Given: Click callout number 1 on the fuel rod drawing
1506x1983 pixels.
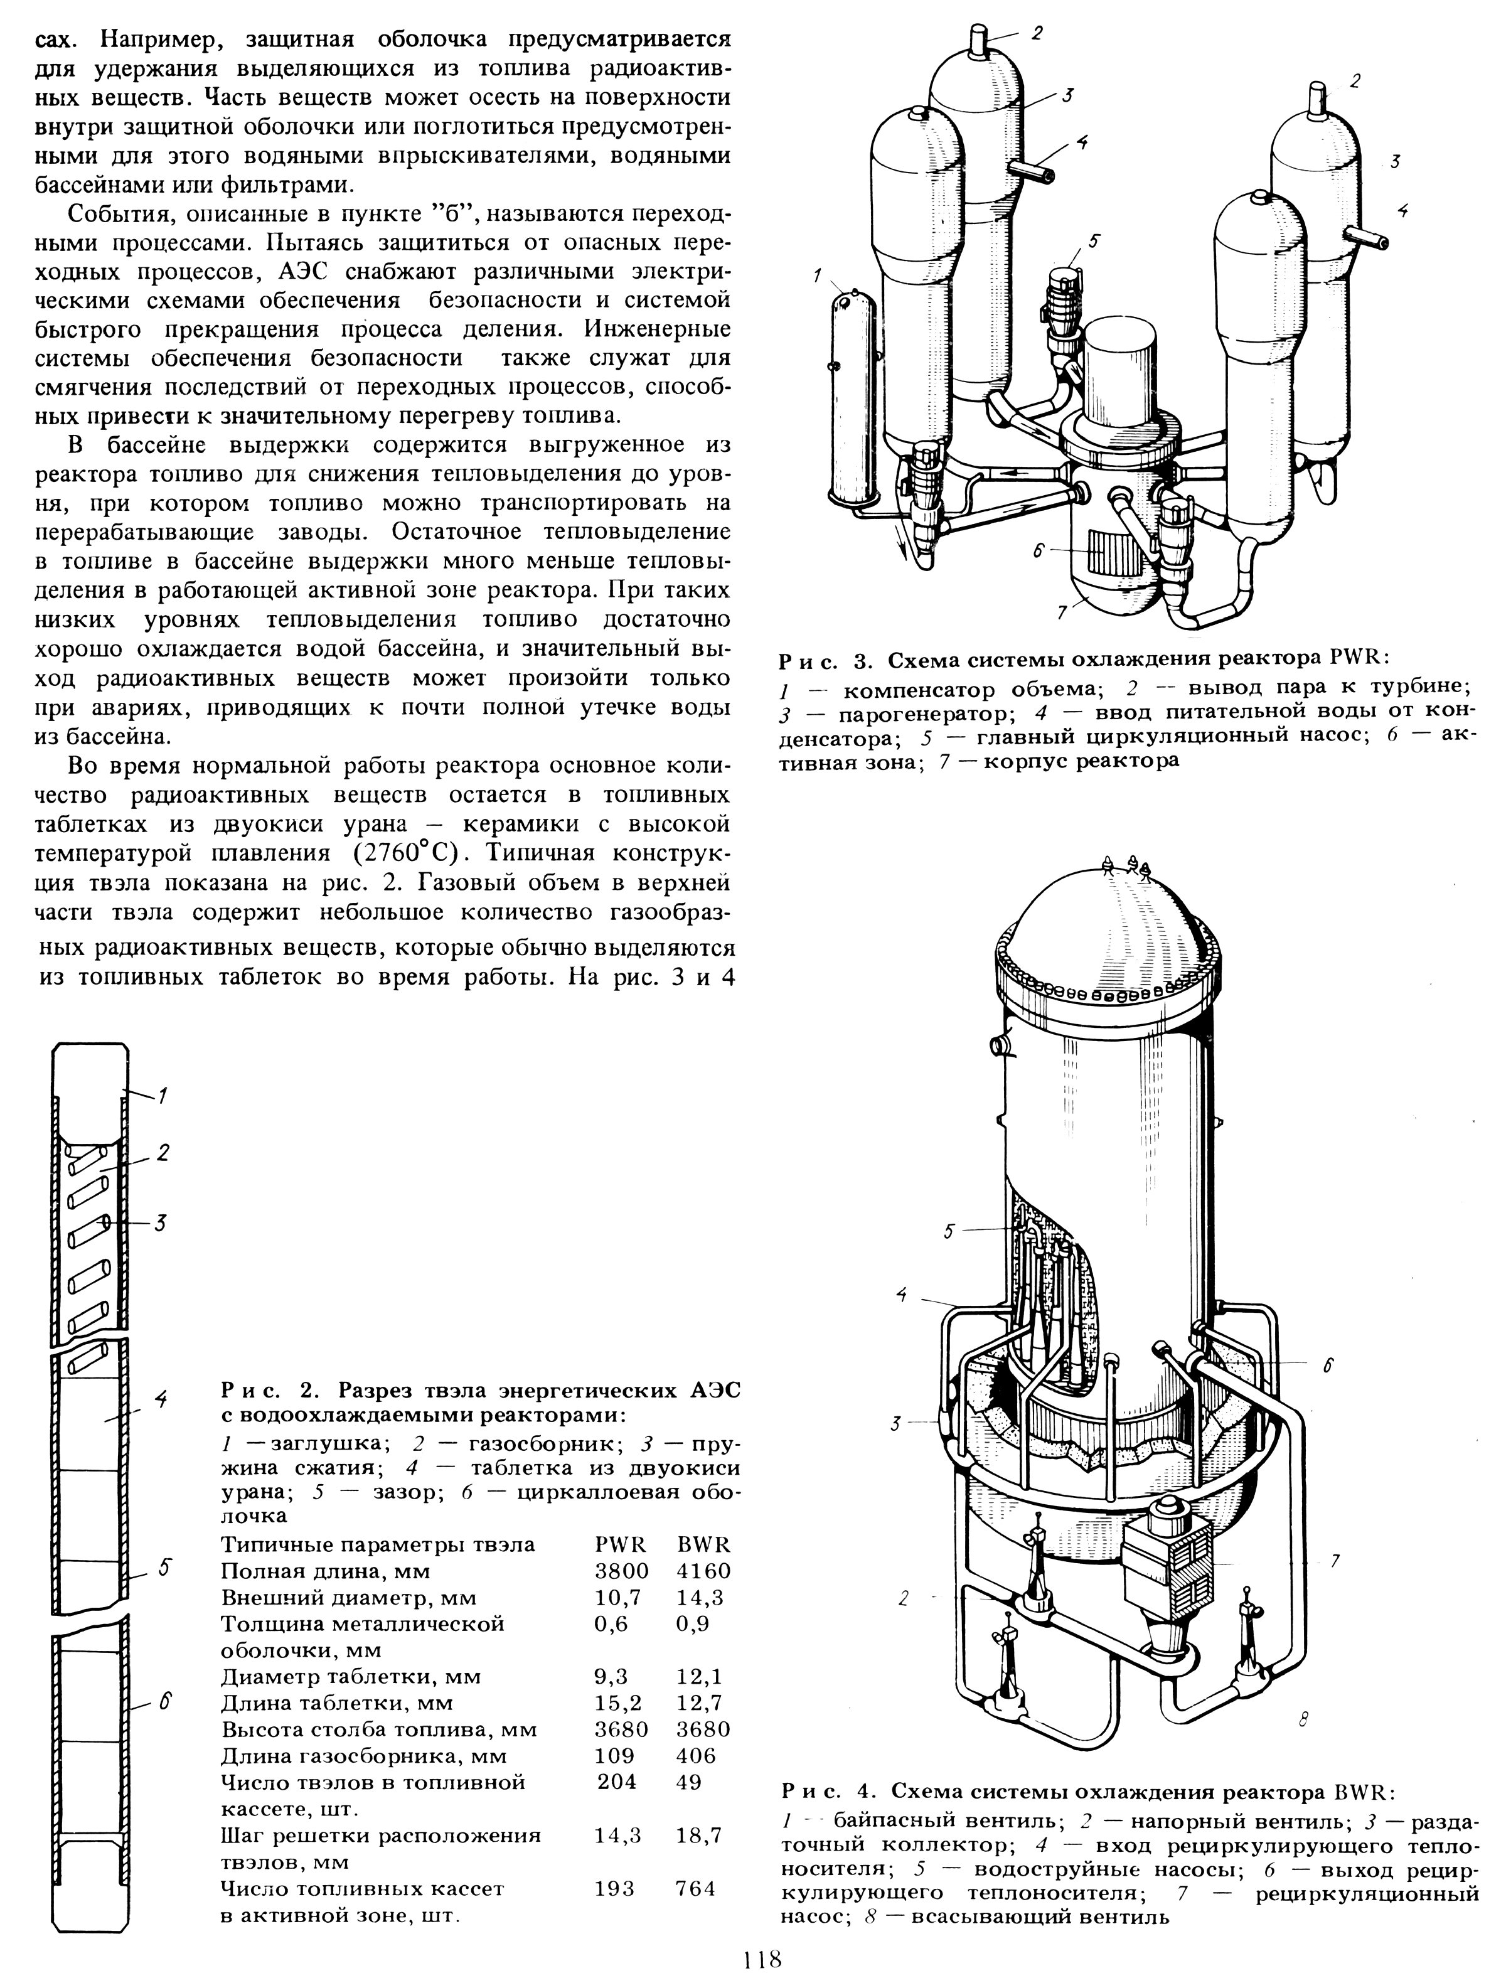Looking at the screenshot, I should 163,1094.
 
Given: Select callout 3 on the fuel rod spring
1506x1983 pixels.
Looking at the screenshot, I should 159,1223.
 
